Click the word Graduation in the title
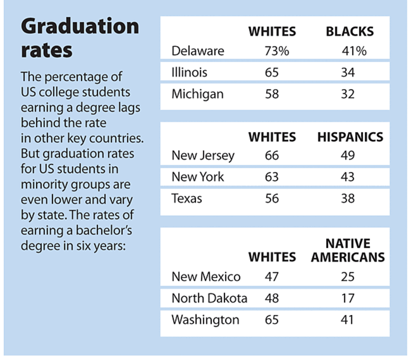click(x=80, y=27)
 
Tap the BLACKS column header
click(x=349, y=31)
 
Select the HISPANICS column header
click(x=350, y=137)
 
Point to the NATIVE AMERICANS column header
click(x=348, y=251)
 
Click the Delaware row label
click(x=197, y=50)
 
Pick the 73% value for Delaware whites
click(x=276, y=50)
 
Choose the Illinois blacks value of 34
click(x=348, y=72)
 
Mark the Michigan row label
click(x=197, y=94)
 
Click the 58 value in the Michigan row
click(x=272, y=94)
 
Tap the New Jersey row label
click(x=203, y=156)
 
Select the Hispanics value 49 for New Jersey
click(x=348, y=156)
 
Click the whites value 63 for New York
click(x=272, y=177)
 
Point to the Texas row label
click(x=187, y=198)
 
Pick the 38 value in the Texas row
click(x=348, y=198)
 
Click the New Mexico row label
click(x=205, y=276)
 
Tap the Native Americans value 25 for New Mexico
click(x=348, y=276)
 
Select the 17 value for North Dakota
click(x=348, y=298)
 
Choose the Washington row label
click(x=205, y=320)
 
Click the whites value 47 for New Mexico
click(x=272, y=276)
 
